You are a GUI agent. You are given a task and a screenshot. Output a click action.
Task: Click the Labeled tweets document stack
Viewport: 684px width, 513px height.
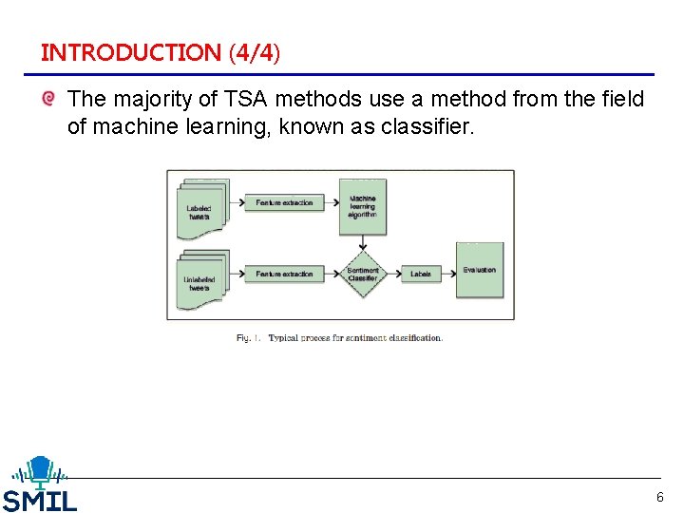coord(200,207)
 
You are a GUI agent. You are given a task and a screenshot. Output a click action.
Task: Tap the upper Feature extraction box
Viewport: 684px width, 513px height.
coord(283,202)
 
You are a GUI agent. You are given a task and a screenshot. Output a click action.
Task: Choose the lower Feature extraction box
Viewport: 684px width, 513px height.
coord(283,274)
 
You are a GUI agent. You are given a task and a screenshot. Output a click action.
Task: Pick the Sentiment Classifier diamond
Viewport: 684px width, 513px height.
coord(362,274)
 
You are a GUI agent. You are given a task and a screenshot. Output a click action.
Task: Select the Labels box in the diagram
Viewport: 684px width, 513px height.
coord(420,274)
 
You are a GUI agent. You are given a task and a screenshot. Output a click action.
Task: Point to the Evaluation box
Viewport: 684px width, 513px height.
coord(479,271)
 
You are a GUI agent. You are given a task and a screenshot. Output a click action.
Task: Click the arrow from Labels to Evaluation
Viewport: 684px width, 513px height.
coord(448,274)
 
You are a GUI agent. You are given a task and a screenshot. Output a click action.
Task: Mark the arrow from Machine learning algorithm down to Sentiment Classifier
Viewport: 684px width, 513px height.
coord(362,242)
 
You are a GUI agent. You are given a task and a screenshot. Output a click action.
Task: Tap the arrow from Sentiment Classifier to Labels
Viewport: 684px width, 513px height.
coord(392,274)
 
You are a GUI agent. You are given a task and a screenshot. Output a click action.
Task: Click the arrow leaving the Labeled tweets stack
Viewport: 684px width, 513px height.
coord(236,202)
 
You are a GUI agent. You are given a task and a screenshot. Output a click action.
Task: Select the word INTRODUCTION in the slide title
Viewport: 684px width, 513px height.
coord(130,52)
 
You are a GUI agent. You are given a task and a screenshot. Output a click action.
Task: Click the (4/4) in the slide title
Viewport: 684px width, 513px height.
coord(255,52)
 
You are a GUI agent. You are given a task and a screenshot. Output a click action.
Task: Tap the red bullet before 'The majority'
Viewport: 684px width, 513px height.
coord(48,99)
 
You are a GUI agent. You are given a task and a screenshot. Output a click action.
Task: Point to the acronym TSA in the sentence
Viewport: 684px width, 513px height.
coord(236,99)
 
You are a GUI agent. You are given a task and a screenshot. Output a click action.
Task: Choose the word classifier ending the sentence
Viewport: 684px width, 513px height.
coord(423,125)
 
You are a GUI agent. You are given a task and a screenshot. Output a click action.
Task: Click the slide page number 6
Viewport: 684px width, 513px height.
coord(660,497)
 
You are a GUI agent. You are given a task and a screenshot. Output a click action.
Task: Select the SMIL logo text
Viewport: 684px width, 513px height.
coord(39,500)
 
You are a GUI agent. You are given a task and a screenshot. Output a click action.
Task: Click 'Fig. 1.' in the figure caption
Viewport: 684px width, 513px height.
coord(249,337)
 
